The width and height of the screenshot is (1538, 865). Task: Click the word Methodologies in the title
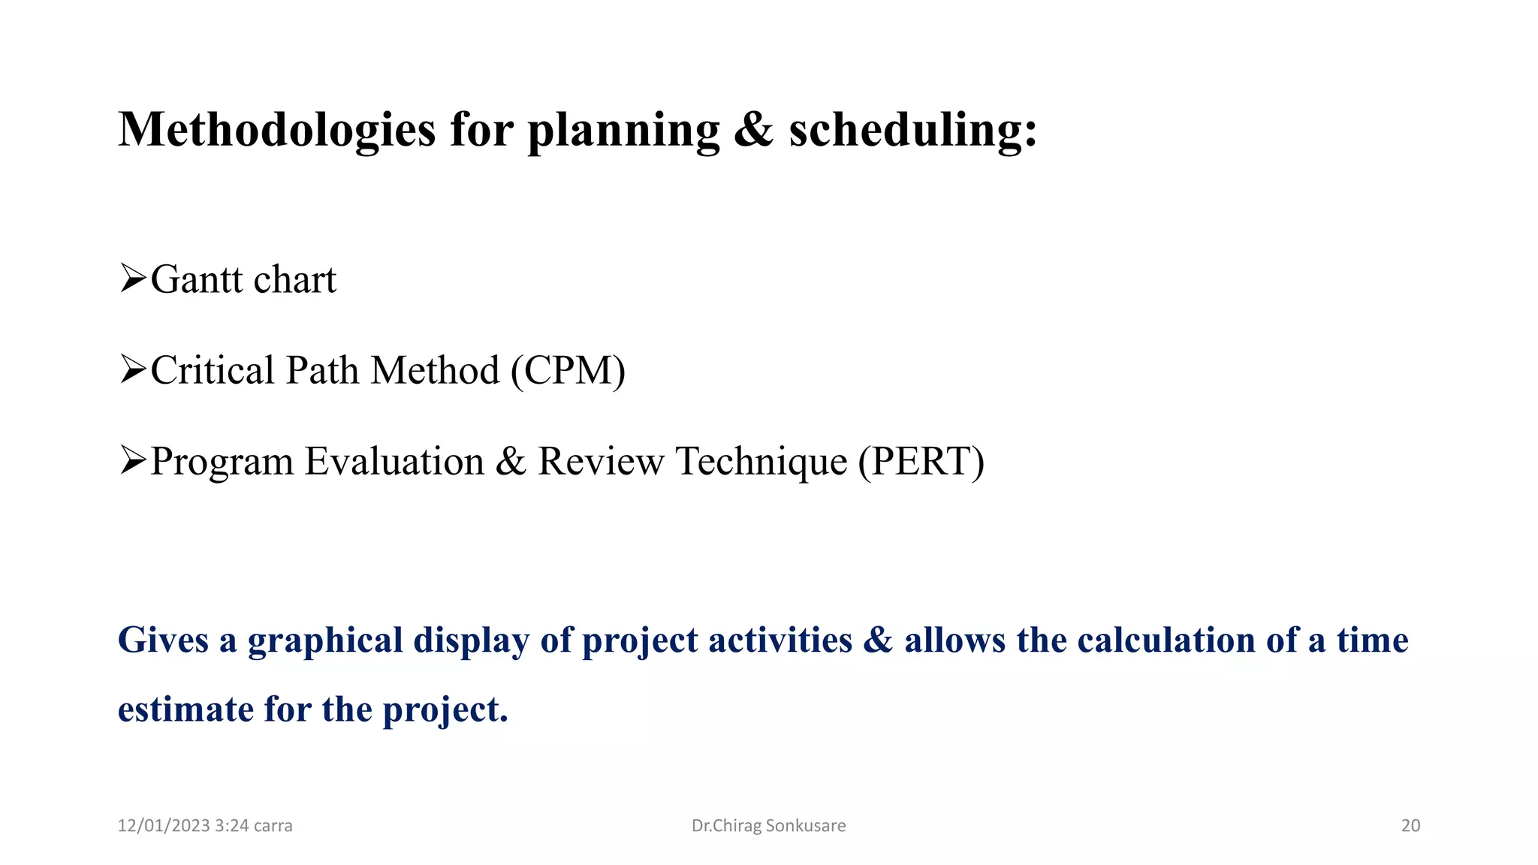tap(276, 131)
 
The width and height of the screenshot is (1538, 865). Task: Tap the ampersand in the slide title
tap(753, 129)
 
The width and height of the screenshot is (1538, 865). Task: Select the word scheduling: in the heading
tap(912, 129)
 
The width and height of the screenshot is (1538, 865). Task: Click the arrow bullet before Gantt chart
tap(132, 279)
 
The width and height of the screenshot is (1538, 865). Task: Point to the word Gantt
tap(198, 279)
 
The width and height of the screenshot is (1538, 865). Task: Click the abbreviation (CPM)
tap(568, 370)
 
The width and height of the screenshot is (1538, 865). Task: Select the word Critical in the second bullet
tap(213, 370)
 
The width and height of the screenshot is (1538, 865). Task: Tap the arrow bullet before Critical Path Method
tap(132, 369)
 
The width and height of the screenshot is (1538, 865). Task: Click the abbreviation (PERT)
tap(921, 461)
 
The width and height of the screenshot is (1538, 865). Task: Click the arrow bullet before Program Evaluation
tap(132, 460)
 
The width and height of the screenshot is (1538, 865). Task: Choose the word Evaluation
tap(394, 461)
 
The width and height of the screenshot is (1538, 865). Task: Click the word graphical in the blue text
tap(325, 641)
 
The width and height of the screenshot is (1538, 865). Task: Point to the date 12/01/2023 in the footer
tap(163, 826)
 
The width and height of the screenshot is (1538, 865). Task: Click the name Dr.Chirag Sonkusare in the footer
tap(768, 826)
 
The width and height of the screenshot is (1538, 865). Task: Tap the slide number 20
tap(1410, 826)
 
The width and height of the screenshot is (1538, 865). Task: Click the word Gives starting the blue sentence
tap(163, 640)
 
